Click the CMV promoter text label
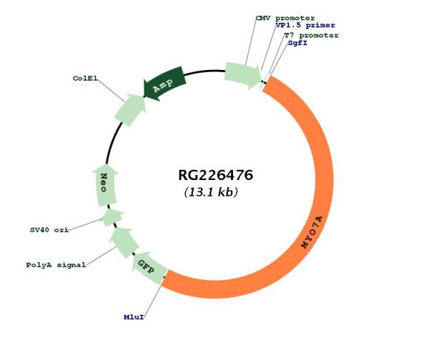pos(285,17)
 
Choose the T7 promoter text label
pos(311,35)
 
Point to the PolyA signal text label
pos(56,265)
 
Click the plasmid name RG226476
pos(216,175)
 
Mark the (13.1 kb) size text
pos(211,192)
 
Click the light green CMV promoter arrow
pos(243,74)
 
